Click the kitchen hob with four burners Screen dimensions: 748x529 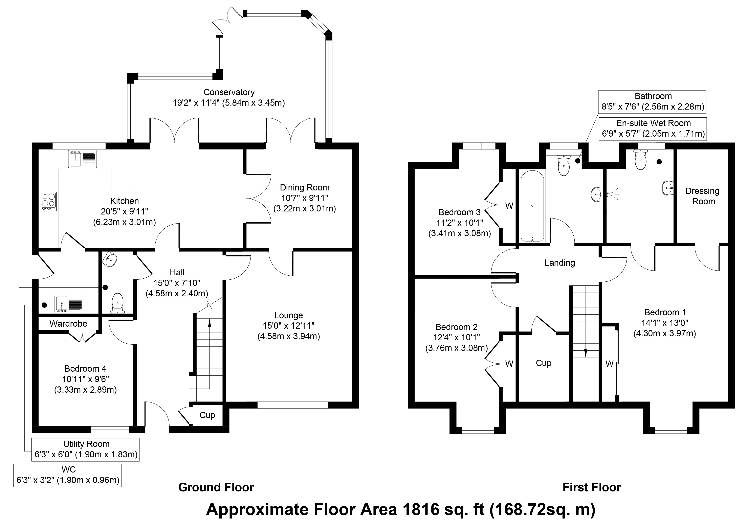point(48,201)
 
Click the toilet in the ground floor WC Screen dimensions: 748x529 point(117,303)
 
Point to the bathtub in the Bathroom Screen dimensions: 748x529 point(532,206)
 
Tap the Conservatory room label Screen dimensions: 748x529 point(229,93)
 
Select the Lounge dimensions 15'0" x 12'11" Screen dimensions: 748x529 point(288,326)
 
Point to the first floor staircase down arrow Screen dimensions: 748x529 point(586,352)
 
